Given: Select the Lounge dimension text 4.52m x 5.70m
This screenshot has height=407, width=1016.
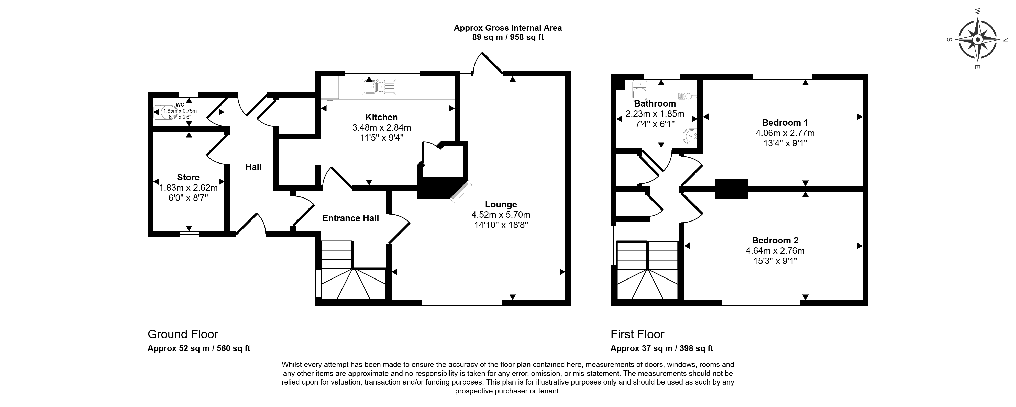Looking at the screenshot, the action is point(501,215).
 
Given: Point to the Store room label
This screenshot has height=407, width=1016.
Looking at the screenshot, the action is point(188,177).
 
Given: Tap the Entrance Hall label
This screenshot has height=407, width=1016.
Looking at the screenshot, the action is point(351,218).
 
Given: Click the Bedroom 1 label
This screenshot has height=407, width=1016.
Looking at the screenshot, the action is point(785,123).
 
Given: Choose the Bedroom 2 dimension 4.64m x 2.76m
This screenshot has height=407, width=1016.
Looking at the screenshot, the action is point(775,251).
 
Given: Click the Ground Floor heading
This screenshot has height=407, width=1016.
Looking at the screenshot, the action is point(183,334).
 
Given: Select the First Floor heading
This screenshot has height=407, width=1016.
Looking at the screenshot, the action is point(637,334).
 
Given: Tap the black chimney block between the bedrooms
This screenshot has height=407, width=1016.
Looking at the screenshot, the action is point(732,189).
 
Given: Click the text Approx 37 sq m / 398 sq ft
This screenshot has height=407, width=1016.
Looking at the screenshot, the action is point(662,348).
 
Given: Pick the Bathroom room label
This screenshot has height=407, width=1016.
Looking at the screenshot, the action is point(655,104).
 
